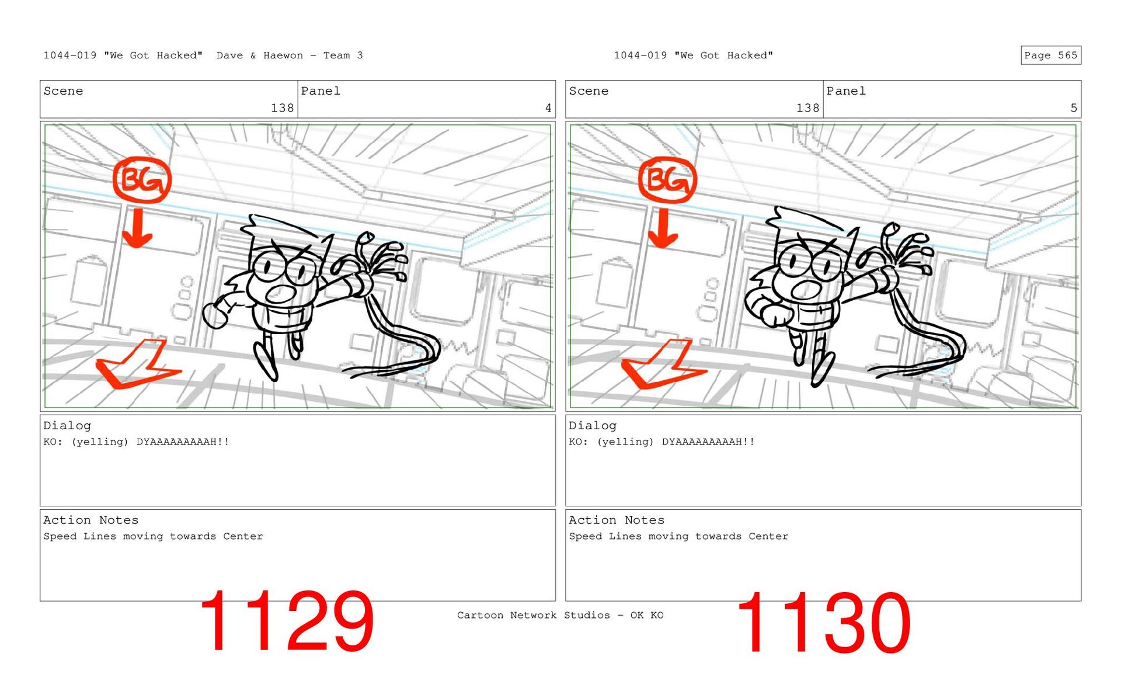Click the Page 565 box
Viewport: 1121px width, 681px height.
pyautogui.click(x=1050, y=55)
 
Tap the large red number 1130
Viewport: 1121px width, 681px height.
pyautogui.click(x=823, y=622)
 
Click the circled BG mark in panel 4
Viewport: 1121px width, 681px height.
pyautogui.click(x=142, y=180)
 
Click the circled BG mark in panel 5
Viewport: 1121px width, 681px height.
pyautogui.click(x=667, y=180)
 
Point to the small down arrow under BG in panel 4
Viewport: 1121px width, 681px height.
pyautogui.click(x=137, y=228)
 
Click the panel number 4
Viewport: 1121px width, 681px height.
pyautogui.click(x=548, y=108)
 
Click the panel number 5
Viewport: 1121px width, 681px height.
pyautogui.click(x=1073, y=108)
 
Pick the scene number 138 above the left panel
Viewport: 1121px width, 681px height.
pyautogui.click(x=282, y=108)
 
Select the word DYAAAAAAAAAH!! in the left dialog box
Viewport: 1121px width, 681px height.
pyautogui.click(x=183, y=442)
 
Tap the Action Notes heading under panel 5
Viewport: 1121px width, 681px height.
pyautogui.click(x=617, y=520)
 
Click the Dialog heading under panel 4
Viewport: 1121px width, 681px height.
pyautogui.click(x=67, y=426)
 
